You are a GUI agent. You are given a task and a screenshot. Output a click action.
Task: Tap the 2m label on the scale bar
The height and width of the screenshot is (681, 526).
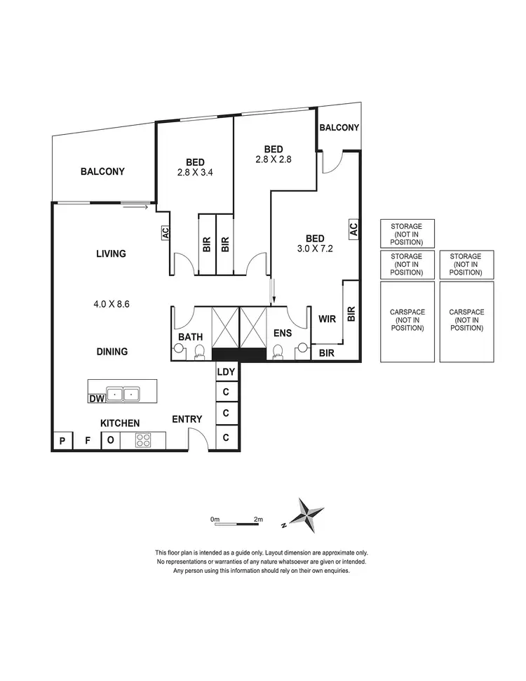pos(258,520)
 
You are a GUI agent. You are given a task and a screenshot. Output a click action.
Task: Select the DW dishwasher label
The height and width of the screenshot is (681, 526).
pos(96,399)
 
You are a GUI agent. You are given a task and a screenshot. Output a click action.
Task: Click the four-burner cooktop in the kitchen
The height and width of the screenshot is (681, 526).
pos(144,441)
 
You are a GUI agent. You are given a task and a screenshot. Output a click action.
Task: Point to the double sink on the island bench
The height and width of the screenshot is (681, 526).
pos(122,394)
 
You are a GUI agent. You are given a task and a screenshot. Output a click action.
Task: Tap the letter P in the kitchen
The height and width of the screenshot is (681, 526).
pos(62,441)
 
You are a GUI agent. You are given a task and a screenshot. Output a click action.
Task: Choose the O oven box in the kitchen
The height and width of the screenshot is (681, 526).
pos(110,441)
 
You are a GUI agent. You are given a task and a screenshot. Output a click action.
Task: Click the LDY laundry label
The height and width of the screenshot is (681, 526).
pos(226,372)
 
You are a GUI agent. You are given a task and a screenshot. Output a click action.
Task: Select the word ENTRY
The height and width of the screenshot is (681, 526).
pos(187,419)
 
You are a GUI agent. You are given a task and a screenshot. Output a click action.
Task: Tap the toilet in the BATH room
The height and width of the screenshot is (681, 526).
pos(199,350)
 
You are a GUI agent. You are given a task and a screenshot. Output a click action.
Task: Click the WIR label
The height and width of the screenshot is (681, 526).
pos(327,319)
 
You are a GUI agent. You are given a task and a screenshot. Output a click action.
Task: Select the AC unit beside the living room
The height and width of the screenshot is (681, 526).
pos(166,233)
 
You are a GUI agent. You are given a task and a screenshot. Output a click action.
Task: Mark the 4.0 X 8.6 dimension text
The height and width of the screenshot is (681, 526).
pos(112,304)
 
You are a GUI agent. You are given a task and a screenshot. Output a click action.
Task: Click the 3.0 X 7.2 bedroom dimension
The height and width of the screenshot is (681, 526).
pos(314,248)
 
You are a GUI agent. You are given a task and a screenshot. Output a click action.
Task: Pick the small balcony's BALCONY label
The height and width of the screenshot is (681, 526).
pos(339,128)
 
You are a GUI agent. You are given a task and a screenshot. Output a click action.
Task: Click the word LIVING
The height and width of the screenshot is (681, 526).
pos(111,253)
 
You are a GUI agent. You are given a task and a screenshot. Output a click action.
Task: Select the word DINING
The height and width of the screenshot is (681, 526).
pos(112,351)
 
